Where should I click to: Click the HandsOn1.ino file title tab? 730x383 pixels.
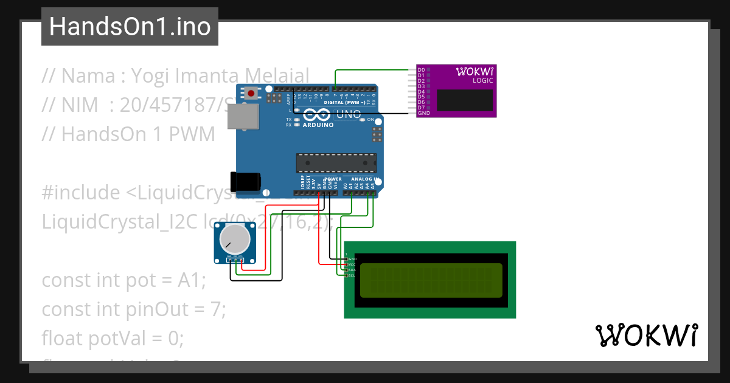(x=130, y=27)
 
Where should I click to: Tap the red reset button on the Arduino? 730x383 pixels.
(x=251, y=93)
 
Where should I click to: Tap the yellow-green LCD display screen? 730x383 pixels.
(x=431, y=281)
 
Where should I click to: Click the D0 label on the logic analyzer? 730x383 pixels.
(x=421, y=71)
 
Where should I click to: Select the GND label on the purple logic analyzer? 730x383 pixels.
(x=424, y=113)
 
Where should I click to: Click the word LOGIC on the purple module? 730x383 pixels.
(x=483, y=81)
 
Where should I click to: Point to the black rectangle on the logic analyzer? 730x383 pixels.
(x=464, y=100)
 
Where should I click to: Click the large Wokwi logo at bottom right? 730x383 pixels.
(x=646, y=335)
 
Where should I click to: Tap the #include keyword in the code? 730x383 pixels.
(x=82, y=193)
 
